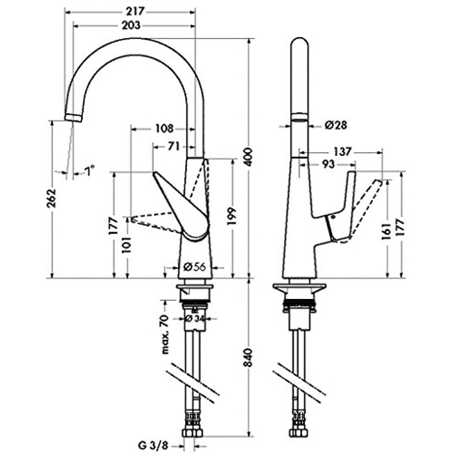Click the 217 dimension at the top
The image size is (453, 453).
pos(135,11)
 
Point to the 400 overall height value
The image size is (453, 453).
pos(247,155)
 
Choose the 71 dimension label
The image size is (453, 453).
pos(173,146)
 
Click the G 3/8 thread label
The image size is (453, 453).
pos(154,445)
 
